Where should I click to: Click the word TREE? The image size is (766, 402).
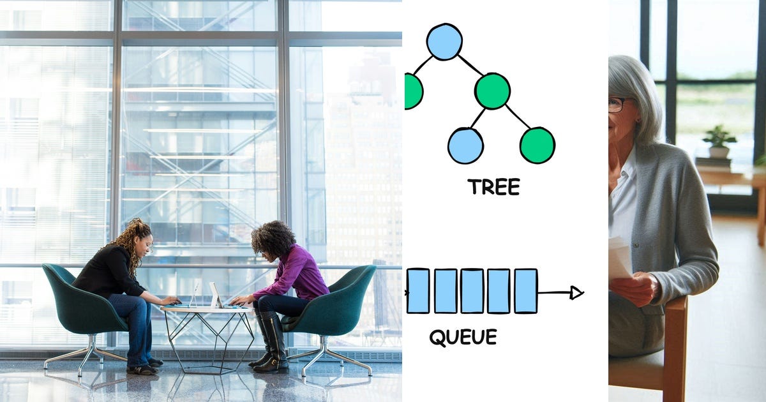494,186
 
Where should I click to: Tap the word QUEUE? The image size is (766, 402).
463,337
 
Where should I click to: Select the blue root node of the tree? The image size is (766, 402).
444,41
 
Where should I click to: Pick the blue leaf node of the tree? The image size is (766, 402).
465,146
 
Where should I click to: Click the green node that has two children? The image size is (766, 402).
492,91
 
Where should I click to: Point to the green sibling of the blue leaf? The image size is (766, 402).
537,145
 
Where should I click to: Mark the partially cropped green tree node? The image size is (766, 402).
414,91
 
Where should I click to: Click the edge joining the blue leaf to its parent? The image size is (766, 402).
477,118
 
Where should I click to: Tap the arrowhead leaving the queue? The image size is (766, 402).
576,293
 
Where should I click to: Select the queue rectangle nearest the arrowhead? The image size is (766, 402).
525,291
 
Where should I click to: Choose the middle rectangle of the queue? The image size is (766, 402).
472,291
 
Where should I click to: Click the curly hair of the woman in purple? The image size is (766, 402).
273,238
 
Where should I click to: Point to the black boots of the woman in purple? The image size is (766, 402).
270,342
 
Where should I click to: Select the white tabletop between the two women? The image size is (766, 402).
207,309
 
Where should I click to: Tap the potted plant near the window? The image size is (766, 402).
719,142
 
